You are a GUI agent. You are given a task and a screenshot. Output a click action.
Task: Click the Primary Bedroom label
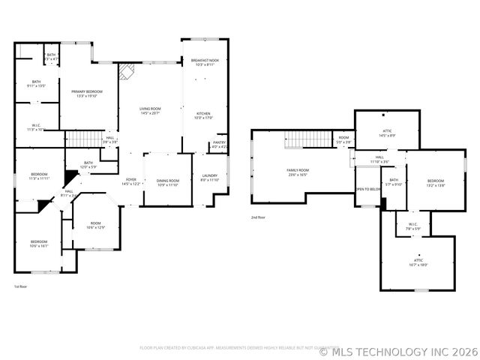[x=86, y=93]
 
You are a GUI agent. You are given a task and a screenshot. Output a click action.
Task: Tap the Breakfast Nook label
[x=204, y=62]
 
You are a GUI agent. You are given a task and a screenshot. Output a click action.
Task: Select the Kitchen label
[x=204, y=115]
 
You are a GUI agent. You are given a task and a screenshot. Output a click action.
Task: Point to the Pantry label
[x=220, y=144]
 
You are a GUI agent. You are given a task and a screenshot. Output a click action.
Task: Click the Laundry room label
[x=209, y=178]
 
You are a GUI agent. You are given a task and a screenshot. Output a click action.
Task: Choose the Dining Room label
[x=167, y=182]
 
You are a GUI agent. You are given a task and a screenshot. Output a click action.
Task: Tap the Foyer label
[x=130, y=181]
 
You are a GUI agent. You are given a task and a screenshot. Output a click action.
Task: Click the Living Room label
[x=150, y=111]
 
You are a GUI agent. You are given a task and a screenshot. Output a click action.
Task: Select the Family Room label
[x=298, y=172]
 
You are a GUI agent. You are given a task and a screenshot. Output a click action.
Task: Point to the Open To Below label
[x=368, y=189]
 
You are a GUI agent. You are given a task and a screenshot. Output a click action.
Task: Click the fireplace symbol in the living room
[x=125, y=70]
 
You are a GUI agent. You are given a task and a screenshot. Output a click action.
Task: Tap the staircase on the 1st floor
[x=82, y=139]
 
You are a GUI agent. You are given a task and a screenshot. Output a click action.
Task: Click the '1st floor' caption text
[x=21, y=286]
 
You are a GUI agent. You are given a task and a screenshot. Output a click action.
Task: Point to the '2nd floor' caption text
[x=259, y=217]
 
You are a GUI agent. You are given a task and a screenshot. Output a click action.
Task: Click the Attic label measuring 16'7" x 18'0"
[x=418, y=262]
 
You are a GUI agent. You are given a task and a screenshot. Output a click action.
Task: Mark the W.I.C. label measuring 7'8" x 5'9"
[x=413, y=226]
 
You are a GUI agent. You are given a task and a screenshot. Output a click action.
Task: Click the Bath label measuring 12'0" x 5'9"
[x=88, y=164]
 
